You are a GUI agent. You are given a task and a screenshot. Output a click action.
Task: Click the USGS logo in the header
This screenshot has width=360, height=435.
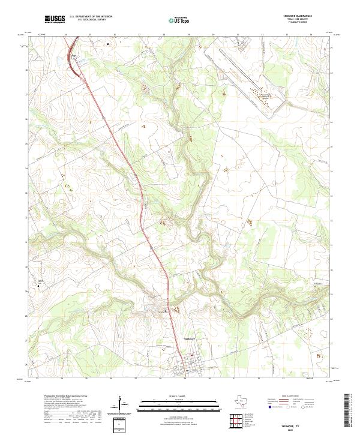54,19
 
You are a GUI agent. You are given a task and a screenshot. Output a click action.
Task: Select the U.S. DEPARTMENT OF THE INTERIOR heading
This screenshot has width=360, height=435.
91,17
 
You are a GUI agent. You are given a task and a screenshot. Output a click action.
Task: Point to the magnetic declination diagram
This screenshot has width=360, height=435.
123,403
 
